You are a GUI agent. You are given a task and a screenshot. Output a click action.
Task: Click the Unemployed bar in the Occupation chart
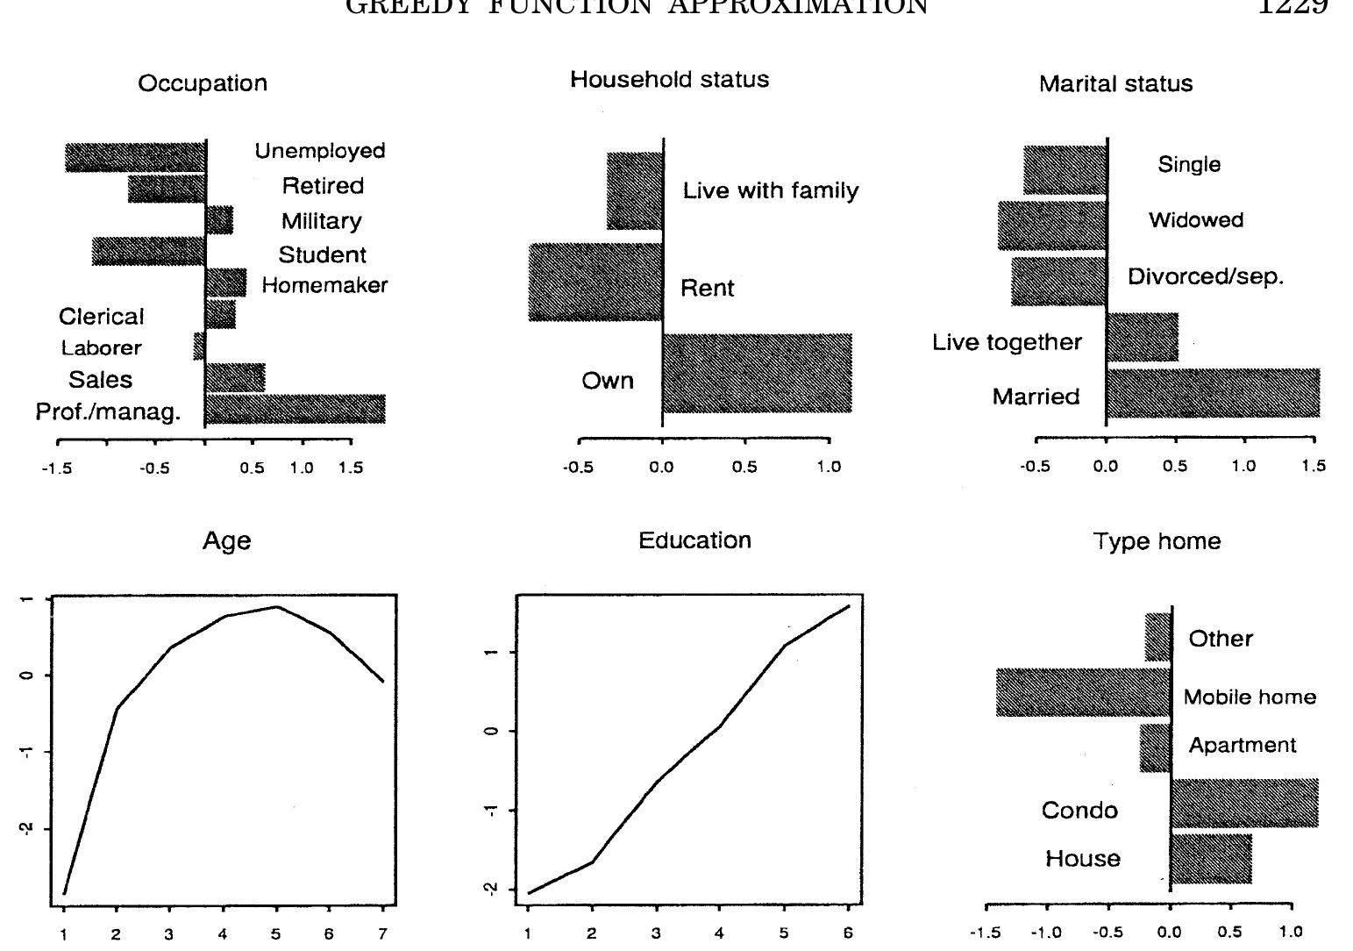(136, 158)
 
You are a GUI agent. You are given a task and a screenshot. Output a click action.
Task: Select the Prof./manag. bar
(295, 409)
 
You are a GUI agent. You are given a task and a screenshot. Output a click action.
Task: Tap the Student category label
(322, 255)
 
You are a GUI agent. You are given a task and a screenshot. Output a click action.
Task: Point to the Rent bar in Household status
(595, 282)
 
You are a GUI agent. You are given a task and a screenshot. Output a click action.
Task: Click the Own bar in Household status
(757, 373)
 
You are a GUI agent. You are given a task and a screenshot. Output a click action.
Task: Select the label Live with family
(770, 191)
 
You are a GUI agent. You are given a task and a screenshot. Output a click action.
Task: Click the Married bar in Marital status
(1213, 393)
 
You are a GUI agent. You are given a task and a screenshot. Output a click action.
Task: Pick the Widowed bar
(1052, 225)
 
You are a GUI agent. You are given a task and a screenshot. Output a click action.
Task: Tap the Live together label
(1007, 342)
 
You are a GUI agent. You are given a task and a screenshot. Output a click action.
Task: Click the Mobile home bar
(1083, 692)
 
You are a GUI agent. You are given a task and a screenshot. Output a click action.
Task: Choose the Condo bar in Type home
(1244, 803)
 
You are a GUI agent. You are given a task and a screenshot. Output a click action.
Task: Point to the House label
(1082, 858)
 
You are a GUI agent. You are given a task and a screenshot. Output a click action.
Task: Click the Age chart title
(226, 541)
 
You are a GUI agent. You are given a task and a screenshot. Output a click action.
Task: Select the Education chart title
(694, 540)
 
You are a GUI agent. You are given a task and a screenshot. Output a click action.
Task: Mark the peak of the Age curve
(276, 606)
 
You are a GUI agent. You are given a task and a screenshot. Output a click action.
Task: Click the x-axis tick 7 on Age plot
(382, 935)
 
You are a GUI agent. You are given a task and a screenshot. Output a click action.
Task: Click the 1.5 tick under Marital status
(1314, 467)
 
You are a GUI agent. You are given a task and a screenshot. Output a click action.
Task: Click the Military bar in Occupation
(219, 220)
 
